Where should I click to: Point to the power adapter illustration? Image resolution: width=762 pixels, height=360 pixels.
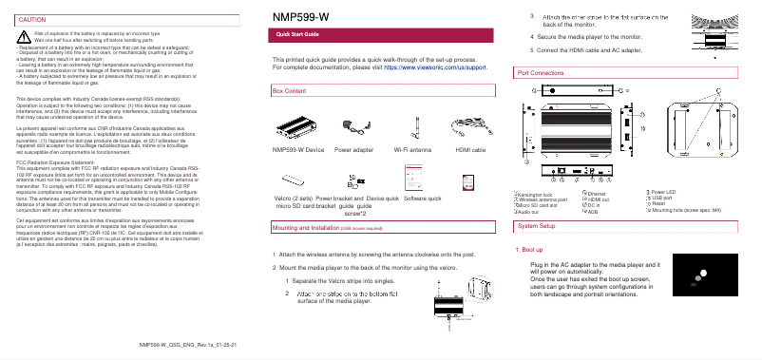[354, 126]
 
